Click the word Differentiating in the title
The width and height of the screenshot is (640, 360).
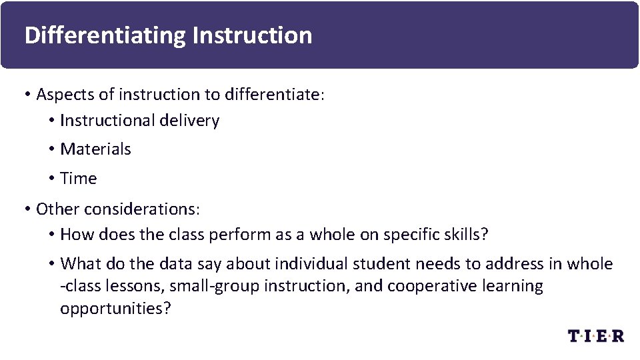pos(105,35)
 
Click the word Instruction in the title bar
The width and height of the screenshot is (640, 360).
pos(251,35)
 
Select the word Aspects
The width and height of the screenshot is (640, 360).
pos(65,95)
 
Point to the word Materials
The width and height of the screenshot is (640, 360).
pos(95,149)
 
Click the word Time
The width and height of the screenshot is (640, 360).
pos(78,179)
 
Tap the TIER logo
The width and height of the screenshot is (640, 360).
pos(595,335)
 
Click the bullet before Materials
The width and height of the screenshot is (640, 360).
pos(51,149)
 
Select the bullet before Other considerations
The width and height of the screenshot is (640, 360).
pos(27,209)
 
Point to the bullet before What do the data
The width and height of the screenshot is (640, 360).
pos(51,264)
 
